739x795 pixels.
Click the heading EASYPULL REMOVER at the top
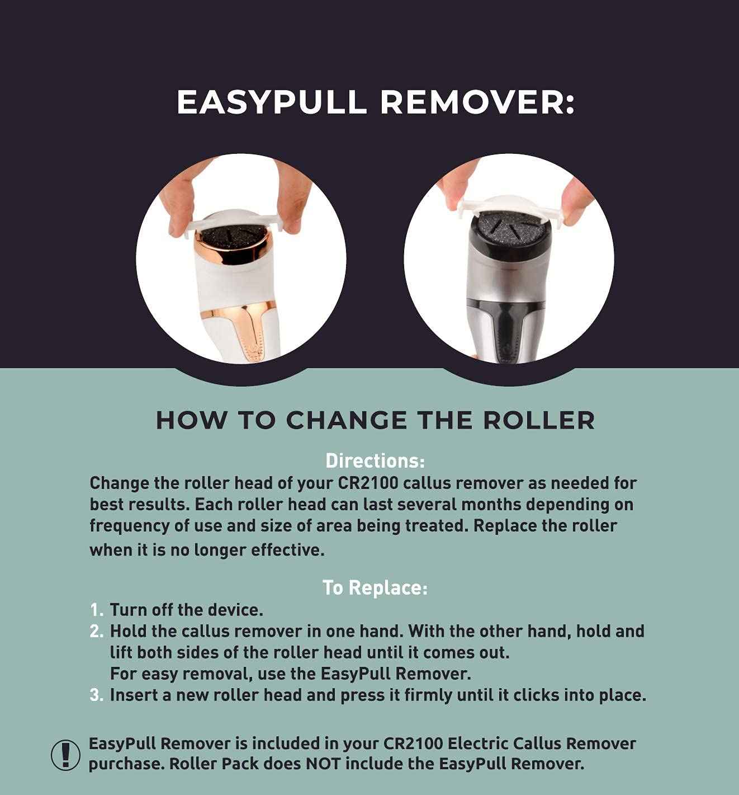pos(375,102)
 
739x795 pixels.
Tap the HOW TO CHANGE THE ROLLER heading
pos(375,421)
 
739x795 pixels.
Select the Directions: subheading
pos(375,461)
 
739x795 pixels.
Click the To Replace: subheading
pos(375,587)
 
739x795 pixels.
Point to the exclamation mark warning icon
pos(66,754)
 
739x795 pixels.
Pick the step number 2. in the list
pos(97,631)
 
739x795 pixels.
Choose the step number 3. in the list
pos(97,695)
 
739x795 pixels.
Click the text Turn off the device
pos(186,609)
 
